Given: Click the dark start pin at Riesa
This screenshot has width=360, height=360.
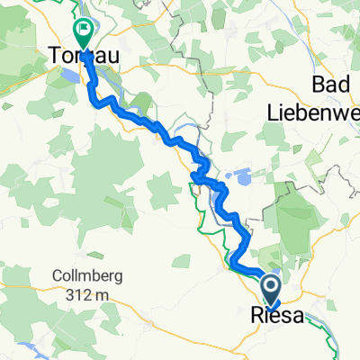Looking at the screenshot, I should tap(271, 290).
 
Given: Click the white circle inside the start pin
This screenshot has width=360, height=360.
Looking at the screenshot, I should tap(271, 286).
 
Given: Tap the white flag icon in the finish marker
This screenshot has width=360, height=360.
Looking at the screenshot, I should tap(84, 31).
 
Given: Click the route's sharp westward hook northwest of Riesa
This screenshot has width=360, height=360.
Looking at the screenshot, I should tap(233, 262).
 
